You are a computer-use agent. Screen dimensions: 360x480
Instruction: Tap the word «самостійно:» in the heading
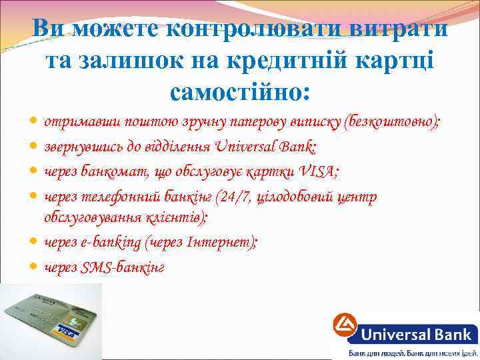(240, 91)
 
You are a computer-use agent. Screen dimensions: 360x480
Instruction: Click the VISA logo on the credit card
(67, 330)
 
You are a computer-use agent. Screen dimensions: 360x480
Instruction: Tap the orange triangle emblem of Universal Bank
(345, 327)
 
